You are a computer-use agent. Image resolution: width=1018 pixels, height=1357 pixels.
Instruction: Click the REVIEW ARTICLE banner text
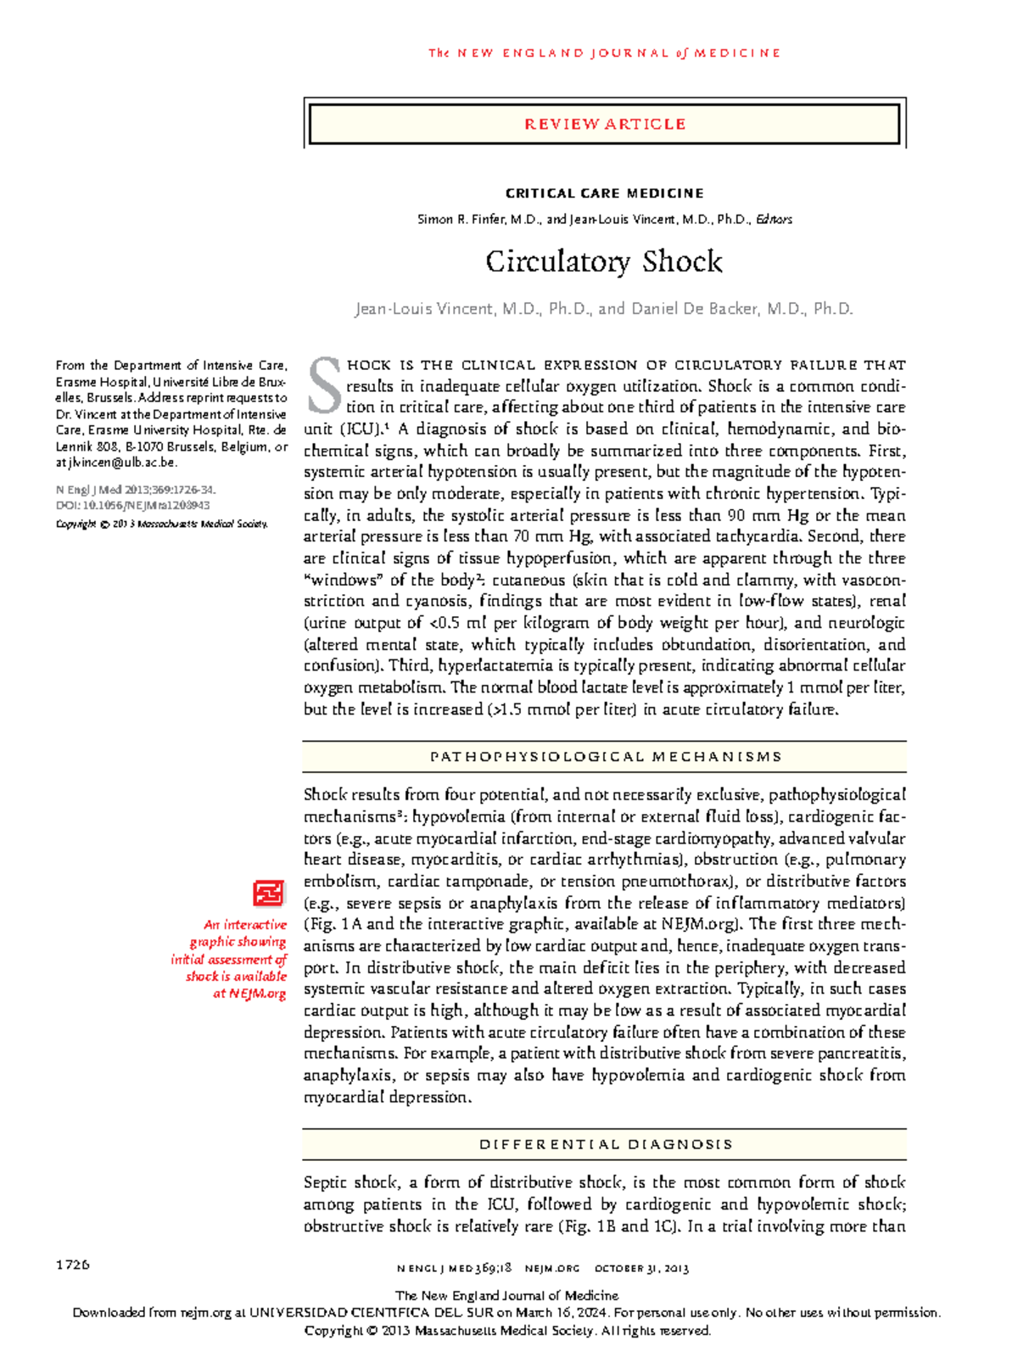[604, 124]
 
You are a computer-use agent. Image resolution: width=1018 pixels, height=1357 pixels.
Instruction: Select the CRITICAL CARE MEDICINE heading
[604, 193]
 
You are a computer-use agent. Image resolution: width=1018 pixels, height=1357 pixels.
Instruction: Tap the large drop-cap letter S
[323, 385]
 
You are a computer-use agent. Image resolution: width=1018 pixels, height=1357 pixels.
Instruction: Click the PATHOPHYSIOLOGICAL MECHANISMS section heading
[605, 756]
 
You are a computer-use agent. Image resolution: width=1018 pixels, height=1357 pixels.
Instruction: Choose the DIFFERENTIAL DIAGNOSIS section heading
[605, 1144]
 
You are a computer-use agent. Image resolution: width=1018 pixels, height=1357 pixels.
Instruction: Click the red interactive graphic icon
[268, 893]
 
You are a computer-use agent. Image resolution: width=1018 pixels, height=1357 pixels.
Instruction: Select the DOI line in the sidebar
[132, 505]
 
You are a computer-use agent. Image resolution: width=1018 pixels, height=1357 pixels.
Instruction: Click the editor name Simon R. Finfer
[460, 220]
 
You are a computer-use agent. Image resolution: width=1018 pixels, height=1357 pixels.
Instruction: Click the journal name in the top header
[604, 53]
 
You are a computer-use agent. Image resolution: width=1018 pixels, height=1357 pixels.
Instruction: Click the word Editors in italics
[775, 220]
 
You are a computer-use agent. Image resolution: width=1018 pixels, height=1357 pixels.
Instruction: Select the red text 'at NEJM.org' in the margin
[249, 993]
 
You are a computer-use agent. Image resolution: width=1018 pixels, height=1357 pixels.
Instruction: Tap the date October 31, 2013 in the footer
[641, 1269]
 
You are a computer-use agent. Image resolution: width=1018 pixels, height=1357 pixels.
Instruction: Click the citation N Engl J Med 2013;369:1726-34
[136, 490]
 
